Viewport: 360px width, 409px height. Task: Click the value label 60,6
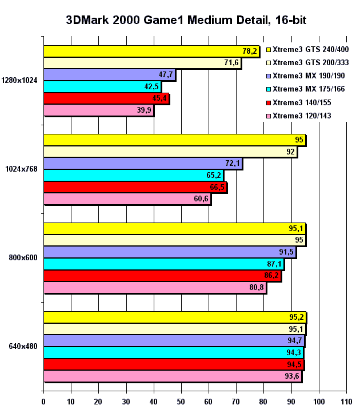pyautogui.click(x=201, y=198)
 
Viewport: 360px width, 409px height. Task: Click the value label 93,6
pyautogui.click(x=292, y=376)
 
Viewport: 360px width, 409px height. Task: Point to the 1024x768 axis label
pyautogui.click(x=22, y=169)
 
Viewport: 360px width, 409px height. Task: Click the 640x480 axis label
pyautogui.click(x=23, y=347)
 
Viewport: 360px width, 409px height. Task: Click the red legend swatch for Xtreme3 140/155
pyautogui.click(x=269, y=103)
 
